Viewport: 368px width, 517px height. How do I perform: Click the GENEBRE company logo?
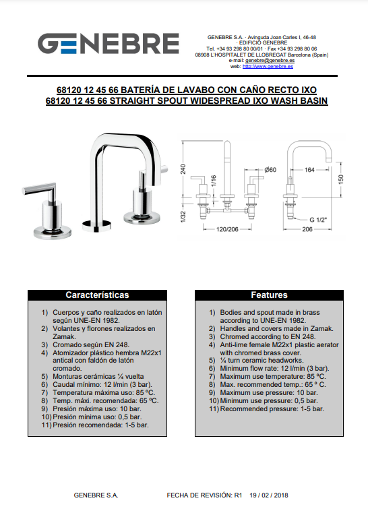pos(108,43)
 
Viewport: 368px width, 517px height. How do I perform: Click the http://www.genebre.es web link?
pos(268,66)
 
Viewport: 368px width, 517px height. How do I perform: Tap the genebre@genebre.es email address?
pos(270,61)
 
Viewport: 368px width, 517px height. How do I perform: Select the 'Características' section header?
pos(97,295)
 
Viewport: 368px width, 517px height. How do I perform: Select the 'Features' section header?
pos(269,295)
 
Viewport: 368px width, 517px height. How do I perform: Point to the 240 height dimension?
pos(183,169)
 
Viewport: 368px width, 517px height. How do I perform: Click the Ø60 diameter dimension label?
pos(270,170)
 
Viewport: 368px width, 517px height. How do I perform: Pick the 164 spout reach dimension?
pos(309,170)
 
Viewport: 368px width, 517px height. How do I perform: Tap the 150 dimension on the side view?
pos(341,179)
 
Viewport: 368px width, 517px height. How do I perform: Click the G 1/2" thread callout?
pos(318,220)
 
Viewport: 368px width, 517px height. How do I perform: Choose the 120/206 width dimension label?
pos(227,229)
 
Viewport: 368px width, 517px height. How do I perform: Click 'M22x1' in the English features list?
pos(282,345)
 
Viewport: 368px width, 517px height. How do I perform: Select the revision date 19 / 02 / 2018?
pos(269,495)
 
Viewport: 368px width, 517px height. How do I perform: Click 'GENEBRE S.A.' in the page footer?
pos(96,495)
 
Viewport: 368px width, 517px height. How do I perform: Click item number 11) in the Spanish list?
pos(47,425)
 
